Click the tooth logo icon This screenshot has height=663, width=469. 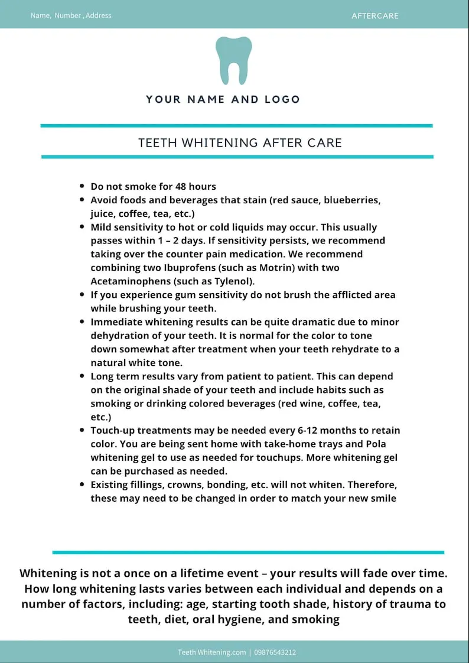pyautogui.click(x=234, y=60)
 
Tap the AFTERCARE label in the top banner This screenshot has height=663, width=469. pyautogui.click(x=375, y=16)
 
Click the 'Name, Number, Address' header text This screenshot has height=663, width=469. pyautogui.click(x=71, y=15)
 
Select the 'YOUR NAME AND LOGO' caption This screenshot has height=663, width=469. pyautogui.click(x=223, y=99)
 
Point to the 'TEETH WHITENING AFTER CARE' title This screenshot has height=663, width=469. pyautogui.click(x=240, y=143)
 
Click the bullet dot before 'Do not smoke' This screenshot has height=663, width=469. pyautogui.click(x=82, y=186)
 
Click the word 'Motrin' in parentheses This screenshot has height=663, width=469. pyautogui.click(x=231, y=268)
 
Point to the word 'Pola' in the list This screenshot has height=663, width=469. pyautogui.click(x=376, y=444)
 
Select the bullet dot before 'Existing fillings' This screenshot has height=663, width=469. pyautogui.click(x=82, y=485)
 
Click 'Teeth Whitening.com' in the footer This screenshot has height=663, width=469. pyautogui.click(x=211, y=652)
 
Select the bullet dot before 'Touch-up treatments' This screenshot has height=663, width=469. pyautogui.click(x=82, y=430)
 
